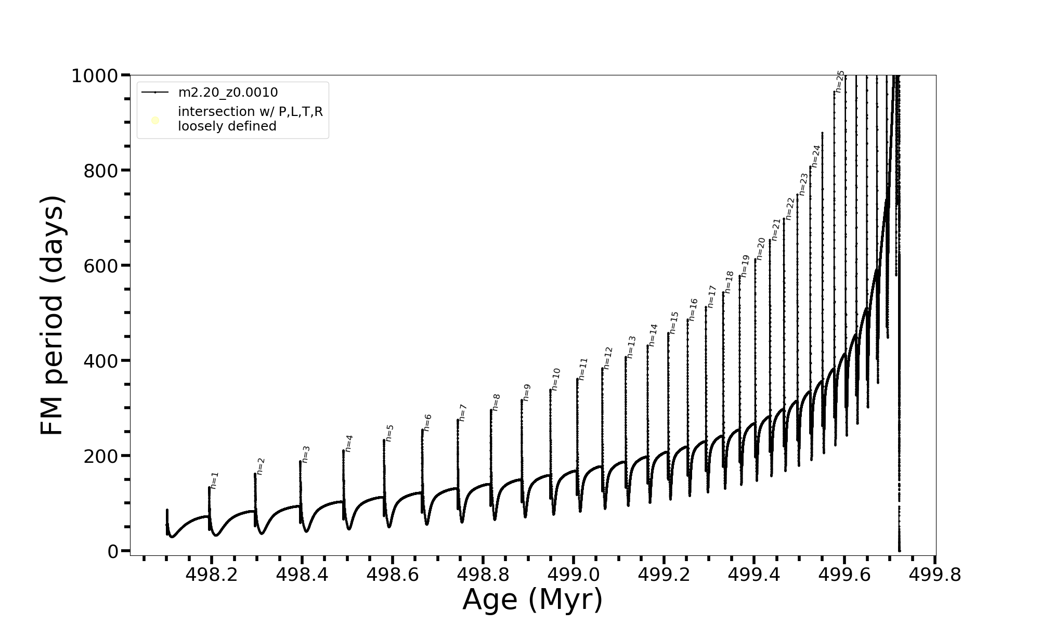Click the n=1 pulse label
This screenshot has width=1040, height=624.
tap(215, 480)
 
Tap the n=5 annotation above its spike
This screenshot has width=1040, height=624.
tap(390, 433)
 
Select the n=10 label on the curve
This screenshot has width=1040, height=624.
tap(556, 379)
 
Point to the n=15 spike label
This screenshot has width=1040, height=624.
tap(674, 322)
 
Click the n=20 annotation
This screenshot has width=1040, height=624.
tap(761, 249)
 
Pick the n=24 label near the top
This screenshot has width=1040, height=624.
tap(815, 156)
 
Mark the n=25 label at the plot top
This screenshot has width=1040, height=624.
tap(840, 81)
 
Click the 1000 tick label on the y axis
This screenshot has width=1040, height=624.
tap(95, 76)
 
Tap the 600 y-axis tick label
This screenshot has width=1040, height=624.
tap(101, 266)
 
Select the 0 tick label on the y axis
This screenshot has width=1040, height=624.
tap(113, 551)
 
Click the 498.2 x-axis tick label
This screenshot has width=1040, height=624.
tap(211, 575)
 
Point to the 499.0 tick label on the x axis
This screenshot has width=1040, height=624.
tap(573, 575)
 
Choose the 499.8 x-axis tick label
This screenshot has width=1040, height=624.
tap(935, 575)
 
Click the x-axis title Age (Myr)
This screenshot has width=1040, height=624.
tap(532, 600)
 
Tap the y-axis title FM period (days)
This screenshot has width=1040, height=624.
tap(52, 315)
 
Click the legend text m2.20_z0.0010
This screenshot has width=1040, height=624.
tap(228, 93)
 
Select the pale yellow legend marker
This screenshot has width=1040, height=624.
tap(155, 121)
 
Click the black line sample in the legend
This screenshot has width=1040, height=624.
tap(155, 93)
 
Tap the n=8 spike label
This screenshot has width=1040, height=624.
tap(497, 402)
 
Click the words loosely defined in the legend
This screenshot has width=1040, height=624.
tap(227, 126)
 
